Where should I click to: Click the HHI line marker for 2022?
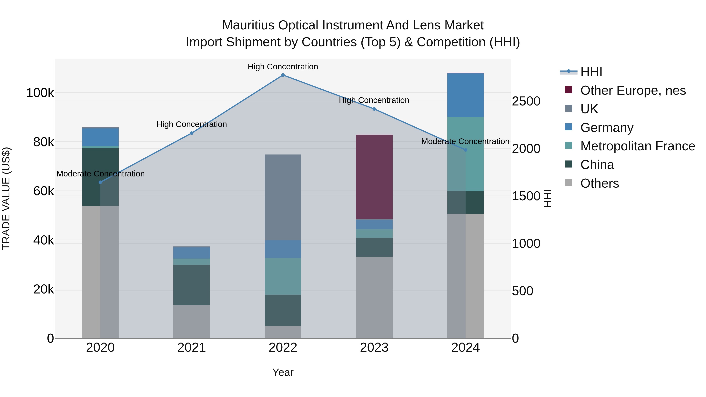[283, 75]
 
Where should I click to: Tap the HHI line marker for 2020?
[100, 182]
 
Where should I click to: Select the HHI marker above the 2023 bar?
[374, 109]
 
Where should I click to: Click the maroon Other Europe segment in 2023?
[374, 177]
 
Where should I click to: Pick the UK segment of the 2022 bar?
[283, 197]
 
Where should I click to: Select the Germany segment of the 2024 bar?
[465, 95]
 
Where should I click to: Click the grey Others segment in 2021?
[192, 321]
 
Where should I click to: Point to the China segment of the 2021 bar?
[192, 285]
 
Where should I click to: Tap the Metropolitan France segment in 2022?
[283, 276]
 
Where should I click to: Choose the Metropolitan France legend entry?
[638, 146]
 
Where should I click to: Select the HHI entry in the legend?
[591, 72]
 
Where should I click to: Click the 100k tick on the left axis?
[40, 93]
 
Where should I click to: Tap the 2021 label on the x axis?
[192, 348]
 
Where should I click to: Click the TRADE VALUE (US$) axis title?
[6, 198]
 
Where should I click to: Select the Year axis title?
[283, 372]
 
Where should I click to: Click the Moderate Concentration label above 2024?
[465, 141]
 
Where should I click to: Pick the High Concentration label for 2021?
[192, 124]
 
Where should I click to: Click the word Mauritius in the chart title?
[248, 25]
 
